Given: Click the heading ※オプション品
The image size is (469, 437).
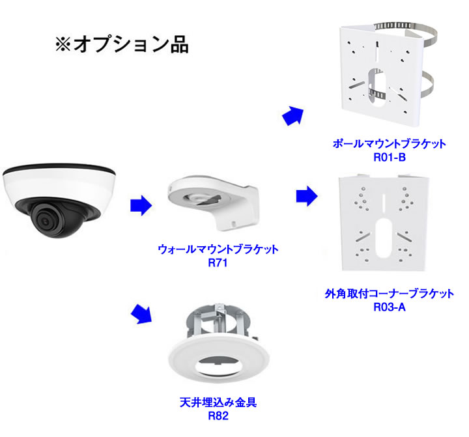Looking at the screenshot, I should pyautogui.click(x=121, y=44).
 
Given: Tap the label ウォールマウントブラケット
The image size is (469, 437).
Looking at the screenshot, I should pyautogui.click(x=218, y=249).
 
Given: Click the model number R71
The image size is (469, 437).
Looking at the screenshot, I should pyautogui.click(x=217, y=262).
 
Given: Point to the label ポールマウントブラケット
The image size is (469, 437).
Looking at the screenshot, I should pyautogui.click(x=389, y=144).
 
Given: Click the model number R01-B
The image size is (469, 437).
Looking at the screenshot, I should pyautogui.click(x=388, y=156).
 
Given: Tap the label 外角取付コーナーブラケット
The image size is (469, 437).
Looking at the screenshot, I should pyautogui.click(x=389, y=294).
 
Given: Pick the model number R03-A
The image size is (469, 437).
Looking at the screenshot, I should pyautogui.click(x=390, y=307).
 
